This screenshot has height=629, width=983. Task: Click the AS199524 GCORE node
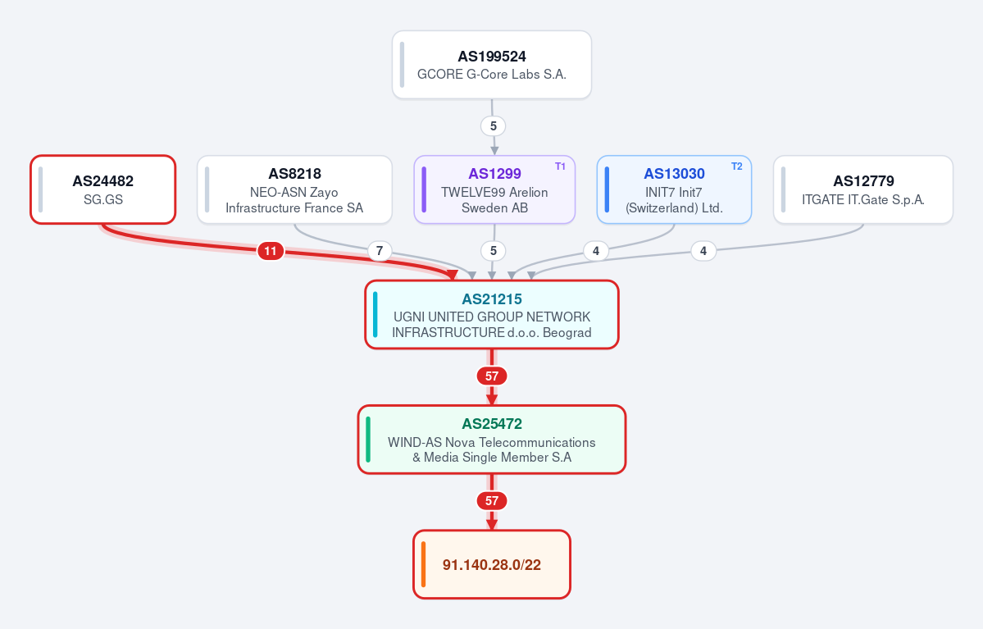point(492,65)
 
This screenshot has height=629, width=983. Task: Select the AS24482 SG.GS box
point(102,189)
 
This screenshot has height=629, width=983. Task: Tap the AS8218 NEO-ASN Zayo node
point(294,189)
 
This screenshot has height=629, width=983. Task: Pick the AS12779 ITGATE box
point(863,189)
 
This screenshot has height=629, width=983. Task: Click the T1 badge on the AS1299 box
point(561,166)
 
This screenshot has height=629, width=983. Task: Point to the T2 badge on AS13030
point(736,166)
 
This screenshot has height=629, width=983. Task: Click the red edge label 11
point(271,252)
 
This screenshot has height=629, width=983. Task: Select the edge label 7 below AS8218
point(380,252)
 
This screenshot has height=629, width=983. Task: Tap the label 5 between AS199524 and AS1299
point(494,126)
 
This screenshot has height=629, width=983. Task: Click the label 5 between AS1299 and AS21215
point(494,252)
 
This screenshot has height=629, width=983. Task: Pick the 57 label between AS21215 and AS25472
point(492,376)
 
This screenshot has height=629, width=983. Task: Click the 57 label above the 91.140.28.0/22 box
point(492,501)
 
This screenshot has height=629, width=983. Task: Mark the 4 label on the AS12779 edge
point(703,252)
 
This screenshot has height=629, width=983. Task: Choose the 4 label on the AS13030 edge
point(595,252)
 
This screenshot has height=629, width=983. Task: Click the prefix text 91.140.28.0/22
point(492,565)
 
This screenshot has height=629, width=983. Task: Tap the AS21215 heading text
point(492,299)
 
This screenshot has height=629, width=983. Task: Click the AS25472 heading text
point(492,424)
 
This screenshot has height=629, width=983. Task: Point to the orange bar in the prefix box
point(424,564)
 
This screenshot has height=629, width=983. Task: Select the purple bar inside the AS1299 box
point(425,189)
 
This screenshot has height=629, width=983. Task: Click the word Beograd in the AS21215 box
point(567,332)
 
